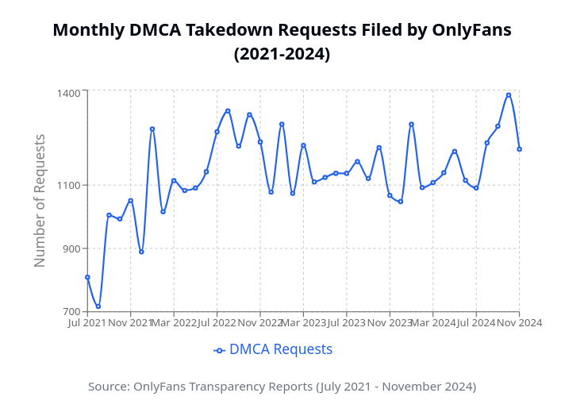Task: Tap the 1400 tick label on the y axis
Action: pyautogui.click(x=68, y=94)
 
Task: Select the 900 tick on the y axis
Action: pyautogui.click(x=71, y=248)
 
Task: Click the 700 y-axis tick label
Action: pyautogui.click(x=71, y=311)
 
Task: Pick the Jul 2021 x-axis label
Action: pyautogui.click(x=87, y=323)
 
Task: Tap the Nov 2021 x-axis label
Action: pyautogui.click(x=131, y=323)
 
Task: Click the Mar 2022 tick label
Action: pyautogui.click(x=174, y=323)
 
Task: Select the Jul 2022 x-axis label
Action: pyautogui.click(x=217, y=323)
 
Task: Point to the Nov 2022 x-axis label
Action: pyautogui.click(x=260, y=323)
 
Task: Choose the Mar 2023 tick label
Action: pyautogui.click(x=303, y=323)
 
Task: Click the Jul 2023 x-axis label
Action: pyautogui.click(x=347, y=323)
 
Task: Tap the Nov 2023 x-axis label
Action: pyautogui.click(x=390, y=323)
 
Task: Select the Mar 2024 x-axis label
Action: pyautogui.click(x=433, y=323)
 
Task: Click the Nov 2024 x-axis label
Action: pyautogui.click(x=519, y=323)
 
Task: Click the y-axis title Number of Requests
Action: pyautogui.click(x=40, y=200)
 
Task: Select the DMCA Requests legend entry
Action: pyautogui.click(x=274, y=349)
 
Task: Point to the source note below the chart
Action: pyautogui.click(x=282, y=387)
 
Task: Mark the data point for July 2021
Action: pyautogui.click(x=87, y=277)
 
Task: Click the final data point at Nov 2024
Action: pyautogui.click(x=519, y=149)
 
